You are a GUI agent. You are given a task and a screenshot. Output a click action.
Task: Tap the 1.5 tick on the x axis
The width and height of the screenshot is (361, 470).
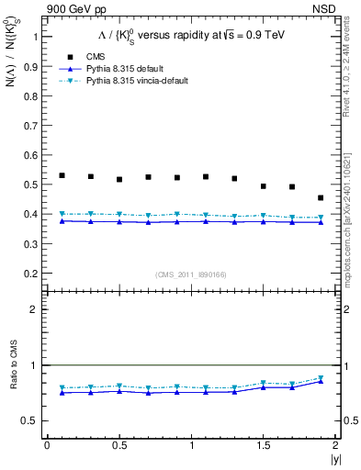pos(264,446)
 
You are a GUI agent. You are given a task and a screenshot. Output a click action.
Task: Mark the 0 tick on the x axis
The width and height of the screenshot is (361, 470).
pos(47,446)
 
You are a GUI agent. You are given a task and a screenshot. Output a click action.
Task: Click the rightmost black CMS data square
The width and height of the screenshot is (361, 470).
pos(321,197)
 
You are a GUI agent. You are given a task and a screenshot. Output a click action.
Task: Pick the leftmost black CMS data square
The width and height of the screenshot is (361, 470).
pos(62,175)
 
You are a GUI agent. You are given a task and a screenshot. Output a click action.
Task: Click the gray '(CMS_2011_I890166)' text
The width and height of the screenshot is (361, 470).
pos(191,274)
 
